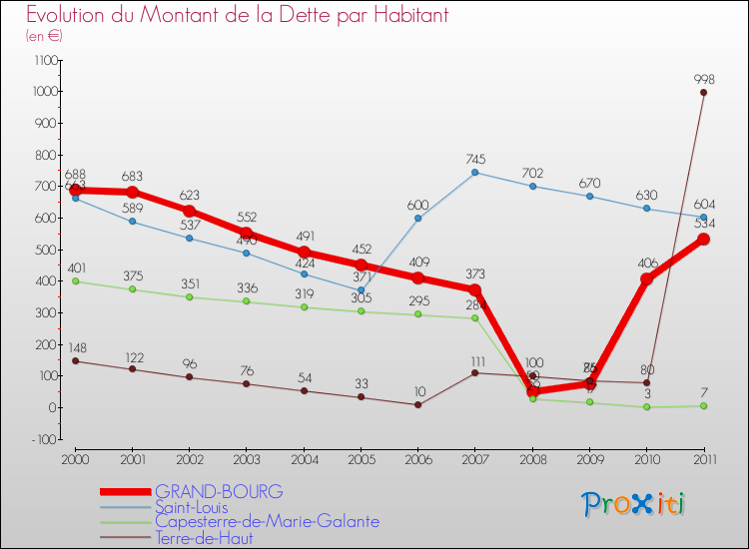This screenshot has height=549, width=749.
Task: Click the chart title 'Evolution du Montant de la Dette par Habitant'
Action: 237,16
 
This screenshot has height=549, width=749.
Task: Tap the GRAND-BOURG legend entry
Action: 219,492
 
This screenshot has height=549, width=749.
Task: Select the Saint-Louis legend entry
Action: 198,507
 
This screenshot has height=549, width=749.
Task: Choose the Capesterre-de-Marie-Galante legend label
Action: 267,522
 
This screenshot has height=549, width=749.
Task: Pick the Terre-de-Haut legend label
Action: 204,538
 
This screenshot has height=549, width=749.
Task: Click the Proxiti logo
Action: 633,504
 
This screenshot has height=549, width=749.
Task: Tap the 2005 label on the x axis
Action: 361,460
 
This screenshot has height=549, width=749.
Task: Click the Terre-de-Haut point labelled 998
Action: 704,93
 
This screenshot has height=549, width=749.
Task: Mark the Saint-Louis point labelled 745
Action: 474,172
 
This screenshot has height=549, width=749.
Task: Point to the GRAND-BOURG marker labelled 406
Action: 646,278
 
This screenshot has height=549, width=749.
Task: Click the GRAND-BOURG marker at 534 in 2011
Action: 704,239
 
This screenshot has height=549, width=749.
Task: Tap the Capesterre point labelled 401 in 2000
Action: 75,280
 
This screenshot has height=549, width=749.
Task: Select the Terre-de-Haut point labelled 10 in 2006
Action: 417,404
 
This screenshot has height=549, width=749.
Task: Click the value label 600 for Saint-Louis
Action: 417,205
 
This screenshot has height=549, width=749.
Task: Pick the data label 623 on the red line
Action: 189,196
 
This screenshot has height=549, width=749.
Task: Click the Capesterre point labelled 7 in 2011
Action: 704,405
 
